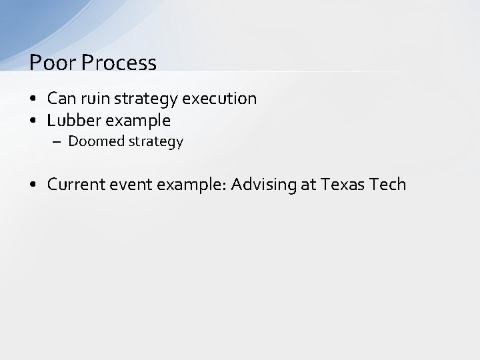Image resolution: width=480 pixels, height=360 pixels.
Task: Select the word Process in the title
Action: pos(119,63)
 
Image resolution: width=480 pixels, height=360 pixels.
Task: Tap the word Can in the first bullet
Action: pos(61,99)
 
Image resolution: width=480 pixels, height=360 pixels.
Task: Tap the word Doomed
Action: pos(93,141)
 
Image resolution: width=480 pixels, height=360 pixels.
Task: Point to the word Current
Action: pos(77,184)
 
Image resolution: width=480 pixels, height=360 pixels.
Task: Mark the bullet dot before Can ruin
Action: pos(33,99)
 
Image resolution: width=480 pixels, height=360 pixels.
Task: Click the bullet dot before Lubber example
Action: pos(33,121)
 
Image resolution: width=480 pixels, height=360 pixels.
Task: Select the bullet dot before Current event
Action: pos(33,185)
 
